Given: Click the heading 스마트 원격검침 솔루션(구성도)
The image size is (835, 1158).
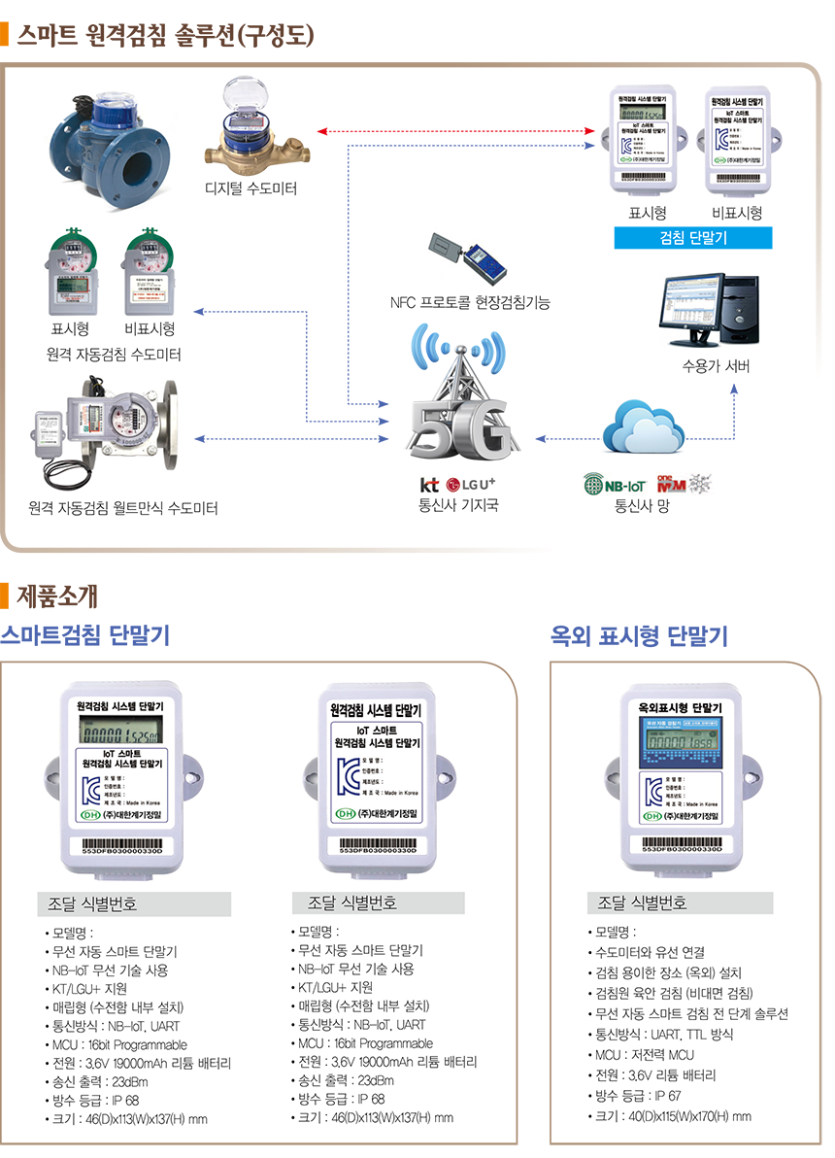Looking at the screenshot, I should click(165, 36).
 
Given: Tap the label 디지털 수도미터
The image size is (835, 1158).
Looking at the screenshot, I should click(251, 187).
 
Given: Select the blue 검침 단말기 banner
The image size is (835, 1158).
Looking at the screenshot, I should click(692, 238).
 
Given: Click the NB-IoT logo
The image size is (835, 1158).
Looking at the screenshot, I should click(616, 484).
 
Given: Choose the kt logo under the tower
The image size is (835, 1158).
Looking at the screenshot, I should click(429, 484).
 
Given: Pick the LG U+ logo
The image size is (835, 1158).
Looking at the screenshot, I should click(472, 484).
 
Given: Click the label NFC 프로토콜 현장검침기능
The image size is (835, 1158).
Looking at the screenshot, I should click(470, 303).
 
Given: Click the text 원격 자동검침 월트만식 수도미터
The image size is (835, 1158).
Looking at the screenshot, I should click(123, 508).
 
